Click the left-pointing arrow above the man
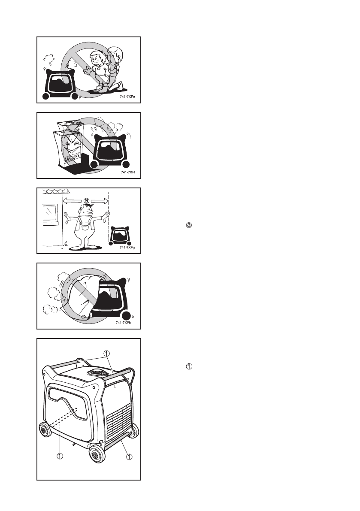click(x=72, y=200)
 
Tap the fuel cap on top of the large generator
click(x=99, y=372)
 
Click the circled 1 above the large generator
click(x=108, y=354)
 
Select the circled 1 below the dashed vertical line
click(x=60, y=456)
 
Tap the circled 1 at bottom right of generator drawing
click(x=129, y=457)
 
